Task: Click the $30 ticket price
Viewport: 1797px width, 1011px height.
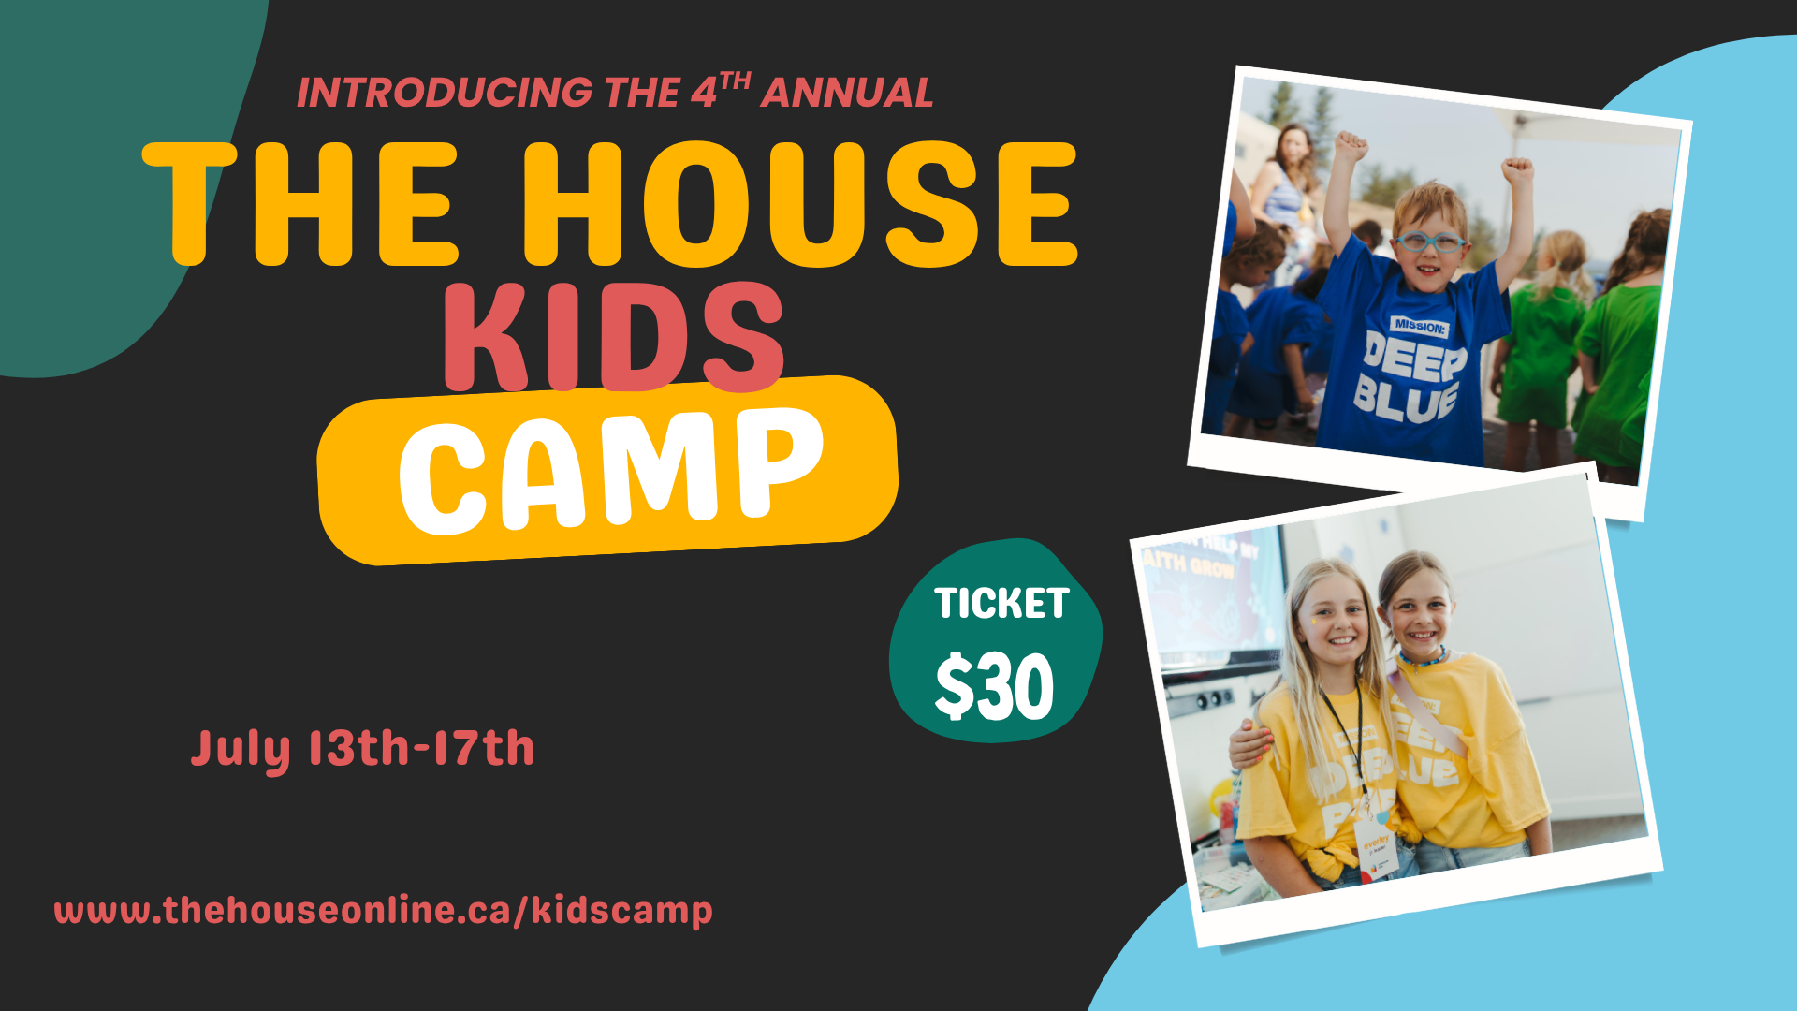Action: pos(994,687)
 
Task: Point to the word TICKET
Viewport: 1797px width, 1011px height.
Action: pos(1001,604)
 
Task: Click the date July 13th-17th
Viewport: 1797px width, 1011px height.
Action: pos(362,749)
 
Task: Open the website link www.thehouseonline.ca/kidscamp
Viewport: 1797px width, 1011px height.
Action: pos(383,911)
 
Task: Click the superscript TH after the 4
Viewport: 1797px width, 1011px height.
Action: pos(736,81)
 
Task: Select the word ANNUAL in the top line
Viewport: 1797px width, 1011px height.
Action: pos(846,93)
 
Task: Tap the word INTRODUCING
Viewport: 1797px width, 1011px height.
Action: pos(445,93)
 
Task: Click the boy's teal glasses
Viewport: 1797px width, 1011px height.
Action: pos(1429,242)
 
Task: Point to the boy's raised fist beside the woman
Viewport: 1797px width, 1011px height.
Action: pos(1351,146)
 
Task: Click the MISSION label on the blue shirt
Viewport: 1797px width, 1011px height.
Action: pos(1420,326)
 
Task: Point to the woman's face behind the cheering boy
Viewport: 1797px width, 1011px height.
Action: pos(1293,150)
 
